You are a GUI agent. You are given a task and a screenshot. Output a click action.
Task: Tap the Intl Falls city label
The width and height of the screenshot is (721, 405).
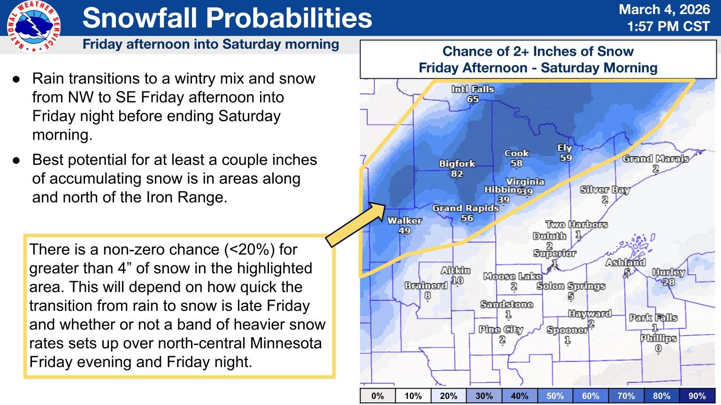[x=473, y=89]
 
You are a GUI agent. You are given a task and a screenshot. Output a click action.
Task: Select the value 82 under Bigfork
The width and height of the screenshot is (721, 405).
[x=457, y=174]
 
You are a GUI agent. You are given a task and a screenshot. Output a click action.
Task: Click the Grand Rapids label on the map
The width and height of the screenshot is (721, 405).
[x=465, y=208]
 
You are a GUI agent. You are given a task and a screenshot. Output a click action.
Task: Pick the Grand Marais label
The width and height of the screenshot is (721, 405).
[x=655, y=158]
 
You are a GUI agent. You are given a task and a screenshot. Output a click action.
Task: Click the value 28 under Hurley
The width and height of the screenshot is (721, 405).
[x=668, y=282]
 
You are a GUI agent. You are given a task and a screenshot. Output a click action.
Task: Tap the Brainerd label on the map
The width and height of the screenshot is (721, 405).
[x=426, y=285]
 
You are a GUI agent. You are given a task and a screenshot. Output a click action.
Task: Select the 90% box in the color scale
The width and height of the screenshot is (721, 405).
[x=697, y=396]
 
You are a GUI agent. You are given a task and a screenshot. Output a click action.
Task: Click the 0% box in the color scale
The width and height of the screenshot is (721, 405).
[x=377, y=396]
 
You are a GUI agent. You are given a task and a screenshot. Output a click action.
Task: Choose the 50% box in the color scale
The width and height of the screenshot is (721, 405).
[x=555, y=396]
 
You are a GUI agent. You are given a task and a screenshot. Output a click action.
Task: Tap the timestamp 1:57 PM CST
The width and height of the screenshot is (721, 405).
[x=668, y=26]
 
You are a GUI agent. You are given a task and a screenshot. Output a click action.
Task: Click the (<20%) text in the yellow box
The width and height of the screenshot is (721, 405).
[x=248, y=249]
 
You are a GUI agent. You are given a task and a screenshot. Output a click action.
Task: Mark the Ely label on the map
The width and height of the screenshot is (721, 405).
[x=564, y=148]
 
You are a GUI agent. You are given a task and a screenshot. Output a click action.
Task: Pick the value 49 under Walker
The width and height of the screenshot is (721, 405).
[x=404, y=231]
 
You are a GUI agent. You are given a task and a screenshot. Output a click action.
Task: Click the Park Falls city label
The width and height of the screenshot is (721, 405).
[x=653, y=318]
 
